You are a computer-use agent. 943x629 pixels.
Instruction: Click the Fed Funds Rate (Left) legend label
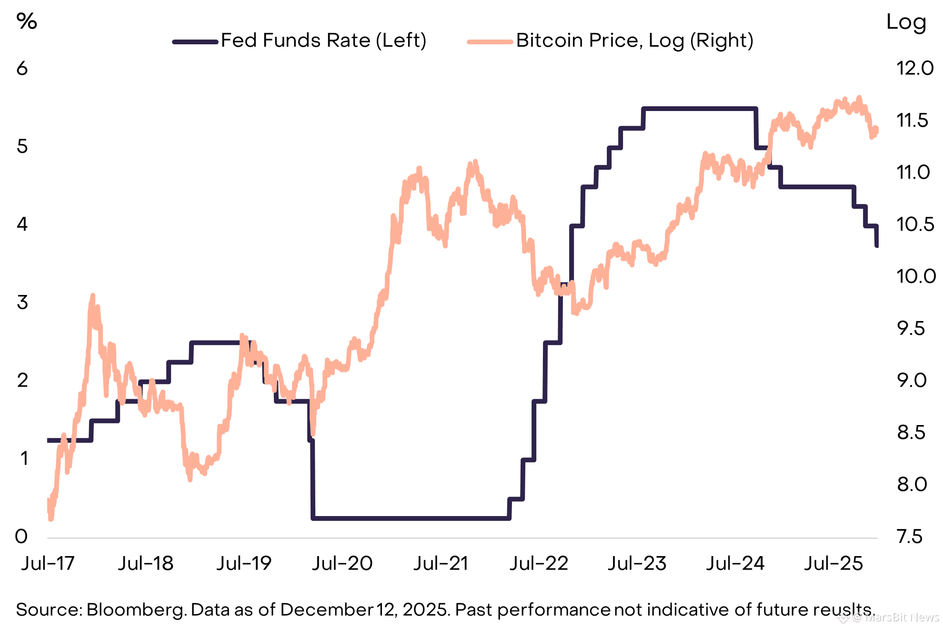click(x=323, y=41)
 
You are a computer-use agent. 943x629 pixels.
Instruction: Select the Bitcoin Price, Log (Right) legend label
click(x=634, y=41)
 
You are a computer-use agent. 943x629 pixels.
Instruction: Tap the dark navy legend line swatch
click(x=195, y=42)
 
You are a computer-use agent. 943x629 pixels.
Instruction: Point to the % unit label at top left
click(x=27, y=21)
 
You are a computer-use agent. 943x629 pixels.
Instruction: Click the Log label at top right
click(x=906, y=22)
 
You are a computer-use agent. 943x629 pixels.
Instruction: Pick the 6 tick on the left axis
click(x=22, y=69)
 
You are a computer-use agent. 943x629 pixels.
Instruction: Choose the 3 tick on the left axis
click(x=22, y=303)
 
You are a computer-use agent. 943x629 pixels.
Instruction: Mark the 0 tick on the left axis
click(x=21, y=537)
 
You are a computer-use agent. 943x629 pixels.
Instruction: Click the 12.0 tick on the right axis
click(x=915, y=69)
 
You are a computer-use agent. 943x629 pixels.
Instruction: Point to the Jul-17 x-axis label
click(x=48, y=564)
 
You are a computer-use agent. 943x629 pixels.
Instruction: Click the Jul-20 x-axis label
click(x=342, y=564)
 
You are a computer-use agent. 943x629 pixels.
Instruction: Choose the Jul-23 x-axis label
click(x=637, y=564)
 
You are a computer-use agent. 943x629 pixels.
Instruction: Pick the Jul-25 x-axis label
click(x=833, y=564)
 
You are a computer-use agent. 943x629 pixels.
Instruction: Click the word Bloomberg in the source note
click(x=136, y=610)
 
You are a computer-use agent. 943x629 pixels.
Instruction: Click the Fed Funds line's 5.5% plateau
click(x=700, y=109)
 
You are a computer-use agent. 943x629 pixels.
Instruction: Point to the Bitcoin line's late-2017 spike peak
click(x=93, y=296)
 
